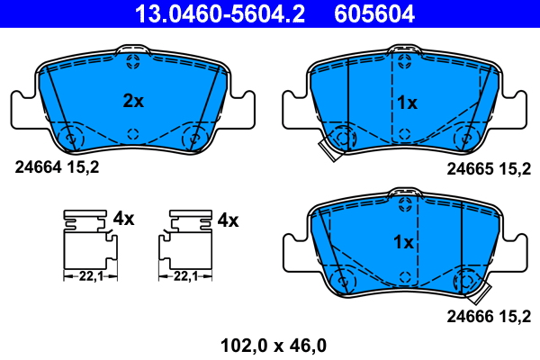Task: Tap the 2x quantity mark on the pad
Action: coord(133,102)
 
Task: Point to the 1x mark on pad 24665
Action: coord(407,103)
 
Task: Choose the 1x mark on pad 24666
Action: coord(403,242)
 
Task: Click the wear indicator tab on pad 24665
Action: coord(328,152)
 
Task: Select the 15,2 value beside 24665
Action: coord(517,167)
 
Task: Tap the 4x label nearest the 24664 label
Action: coord(123,219)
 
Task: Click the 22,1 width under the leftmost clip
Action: coord(89,276)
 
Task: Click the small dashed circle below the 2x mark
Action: coord(133,134)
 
